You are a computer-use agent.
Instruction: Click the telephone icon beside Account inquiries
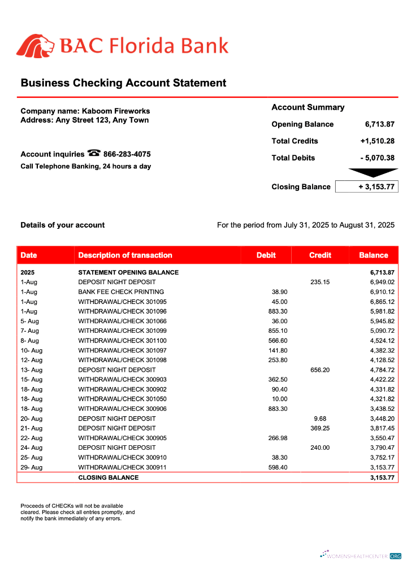coord(94,153)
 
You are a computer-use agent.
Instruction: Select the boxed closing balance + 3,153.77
coord(367,186)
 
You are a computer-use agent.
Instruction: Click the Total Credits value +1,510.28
coord(377,141)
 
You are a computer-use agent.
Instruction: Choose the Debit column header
coord(266,255)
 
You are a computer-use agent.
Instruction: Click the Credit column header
coord(320,255)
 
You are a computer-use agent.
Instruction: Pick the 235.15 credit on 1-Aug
coord(319,282)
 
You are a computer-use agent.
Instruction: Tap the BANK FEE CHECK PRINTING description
coord(121,292)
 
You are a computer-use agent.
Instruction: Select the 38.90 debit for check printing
coord(279,292)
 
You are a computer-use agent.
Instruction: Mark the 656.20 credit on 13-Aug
coord(319,370)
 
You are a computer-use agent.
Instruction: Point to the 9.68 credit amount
coord(319,419)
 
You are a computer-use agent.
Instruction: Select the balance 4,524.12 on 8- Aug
coord(382,341)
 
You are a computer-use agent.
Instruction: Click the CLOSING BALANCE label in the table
coord(108,477)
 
